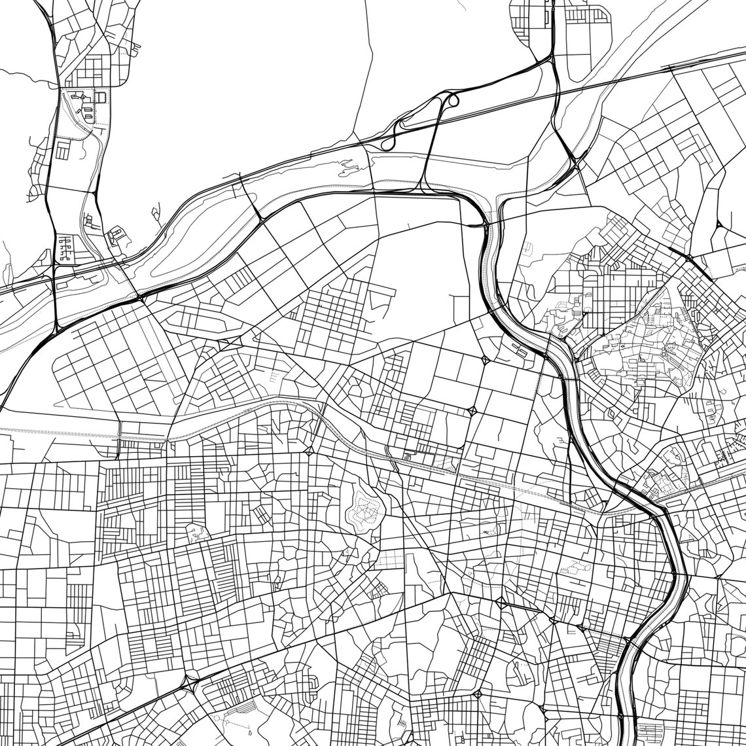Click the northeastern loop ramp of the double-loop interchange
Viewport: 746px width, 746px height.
click(x=450, y=102)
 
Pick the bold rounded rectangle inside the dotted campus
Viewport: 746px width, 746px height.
click(x=101, y=97)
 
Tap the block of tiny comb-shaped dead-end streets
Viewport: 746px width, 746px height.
click(x=66, y=249)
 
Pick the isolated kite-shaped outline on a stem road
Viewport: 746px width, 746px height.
click(x=156, y=213)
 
